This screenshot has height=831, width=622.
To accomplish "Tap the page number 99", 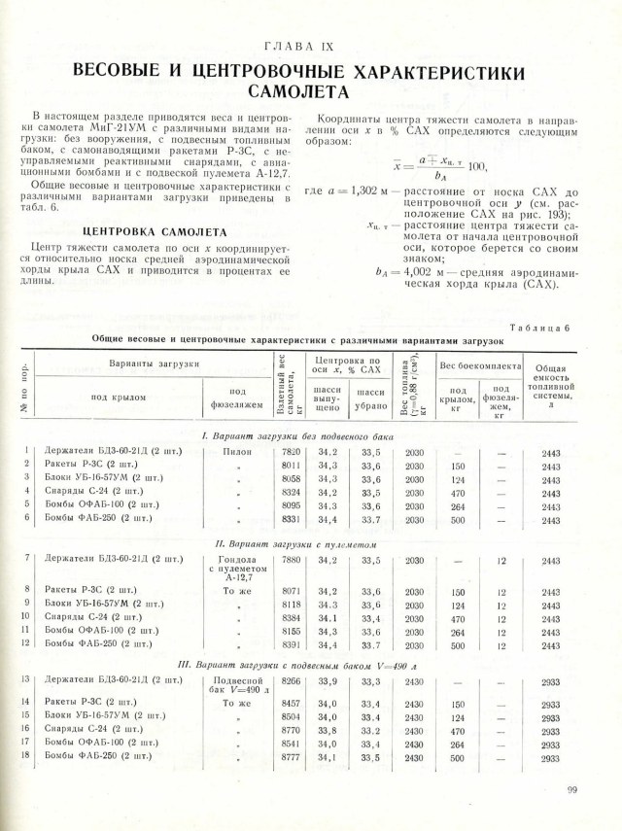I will (x=571, y=790).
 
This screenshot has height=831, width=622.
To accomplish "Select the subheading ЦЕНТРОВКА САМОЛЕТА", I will (x=155, y=232).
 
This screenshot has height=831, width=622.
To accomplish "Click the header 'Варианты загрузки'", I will (x=154, y=363).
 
